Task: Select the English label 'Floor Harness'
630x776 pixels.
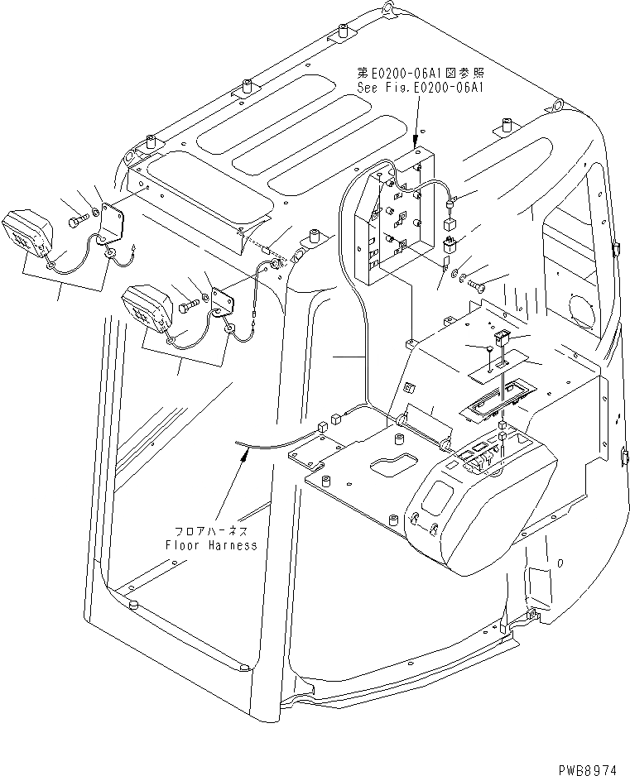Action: tap(210, 545)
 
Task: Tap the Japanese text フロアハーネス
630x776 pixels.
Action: tap(210, 530)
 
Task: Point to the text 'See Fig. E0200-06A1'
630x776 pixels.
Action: tap(420, 86)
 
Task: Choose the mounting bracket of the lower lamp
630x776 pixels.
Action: tap(223, 299)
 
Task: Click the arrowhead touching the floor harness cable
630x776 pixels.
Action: tap(242, 453)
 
